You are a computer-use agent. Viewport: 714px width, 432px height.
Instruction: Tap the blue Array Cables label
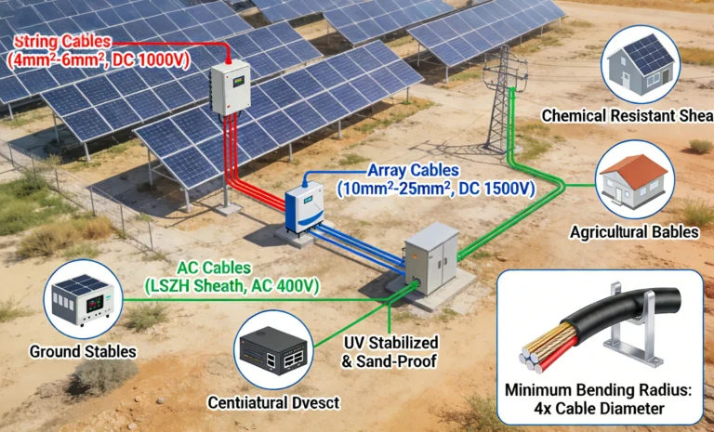pyautogui.click(x=414, y=179)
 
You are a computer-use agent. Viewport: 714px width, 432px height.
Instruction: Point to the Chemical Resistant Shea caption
pyautogui.click(x=627, y=116)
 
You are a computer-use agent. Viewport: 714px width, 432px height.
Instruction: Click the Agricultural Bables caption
pyautogui.click(x=634, y=231)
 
